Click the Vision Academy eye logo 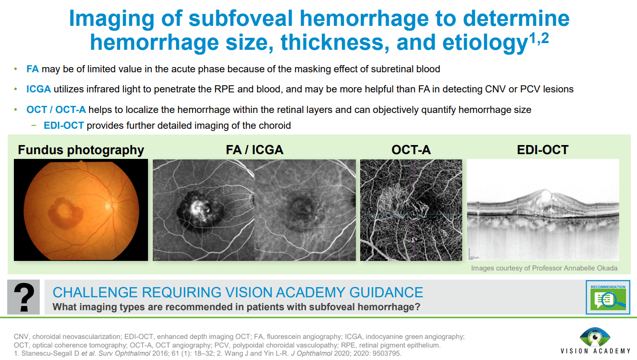click(x=595, y=337)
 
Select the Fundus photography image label click(x=81, y=150)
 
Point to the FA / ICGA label click(x=254, y=150)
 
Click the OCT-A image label click(x=411, y=150)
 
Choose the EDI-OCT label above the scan click(x=543, y=150)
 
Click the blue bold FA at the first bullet click(x=33, y=69)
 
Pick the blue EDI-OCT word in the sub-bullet click(x=64, y=125)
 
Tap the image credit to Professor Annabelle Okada click(x=544, y=268)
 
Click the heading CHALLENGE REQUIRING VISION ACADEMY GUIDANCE click(x=238, y=292)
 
